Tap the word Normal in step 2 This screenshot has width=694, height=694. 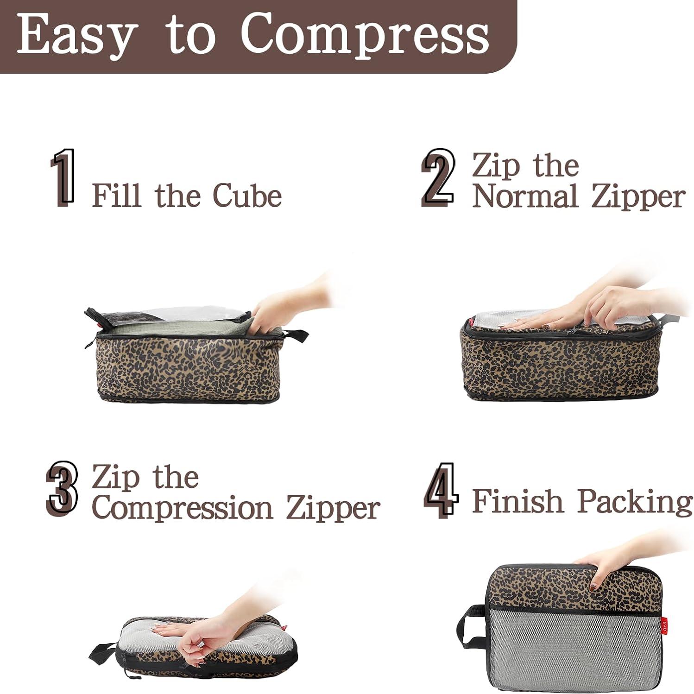[x=525, y=197]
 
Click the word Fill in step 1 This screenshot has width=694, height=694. [x=116, y=196]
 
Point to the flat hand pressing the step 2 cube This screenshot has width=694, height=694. [x=537, y=321]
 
